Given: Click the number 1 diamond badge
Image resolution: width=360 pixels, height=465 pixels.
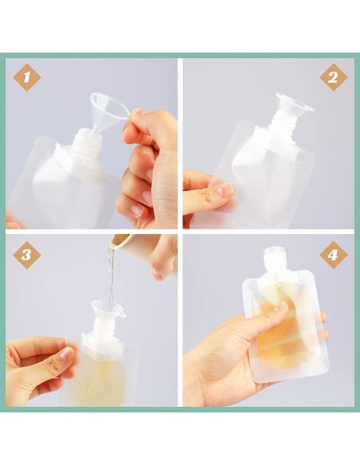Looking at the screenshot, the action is click(27, 78).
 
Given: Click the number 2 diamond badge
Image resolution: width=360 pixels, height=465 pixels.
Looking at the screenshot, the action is click(333, 78).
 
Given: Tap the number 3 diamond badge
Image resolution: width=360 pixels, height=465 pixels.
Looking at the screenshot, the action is click(27, 255).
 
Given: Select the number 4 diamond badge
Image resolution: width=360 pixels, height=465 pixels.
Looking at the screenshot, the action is click(333, 255).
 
